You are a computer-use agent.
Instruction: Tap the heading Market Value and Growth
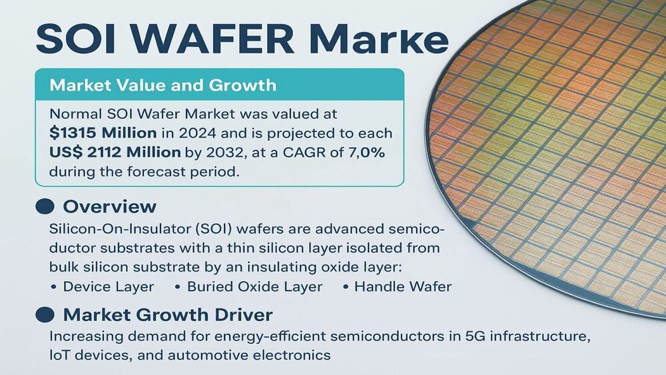click(163, 85)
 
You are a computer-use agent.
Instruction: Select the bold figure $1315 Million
click(103, 133)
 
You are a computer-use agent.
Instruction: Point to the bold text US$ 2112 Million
click(115, 152)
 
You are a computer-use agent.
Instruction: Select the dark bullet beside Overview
click(45, 206)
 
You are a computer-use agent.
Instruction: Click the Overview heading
click(110, 206)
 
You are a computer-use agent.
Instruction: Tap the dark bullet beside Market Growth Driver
click(45, 314)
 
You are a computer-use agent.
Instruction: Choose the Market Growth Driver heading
click(168, 314)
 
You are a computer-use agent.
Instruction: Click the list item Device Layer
click(109, 286)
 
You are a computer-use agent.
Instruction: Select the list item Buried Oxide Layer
click(255, 286)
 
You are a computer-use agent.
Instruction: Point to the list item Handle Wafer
click(403, 286)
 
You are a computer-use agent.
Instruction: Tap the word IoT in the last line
click(59, 355)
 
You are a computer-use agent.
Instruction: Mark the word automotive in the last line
click(206, 355)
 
